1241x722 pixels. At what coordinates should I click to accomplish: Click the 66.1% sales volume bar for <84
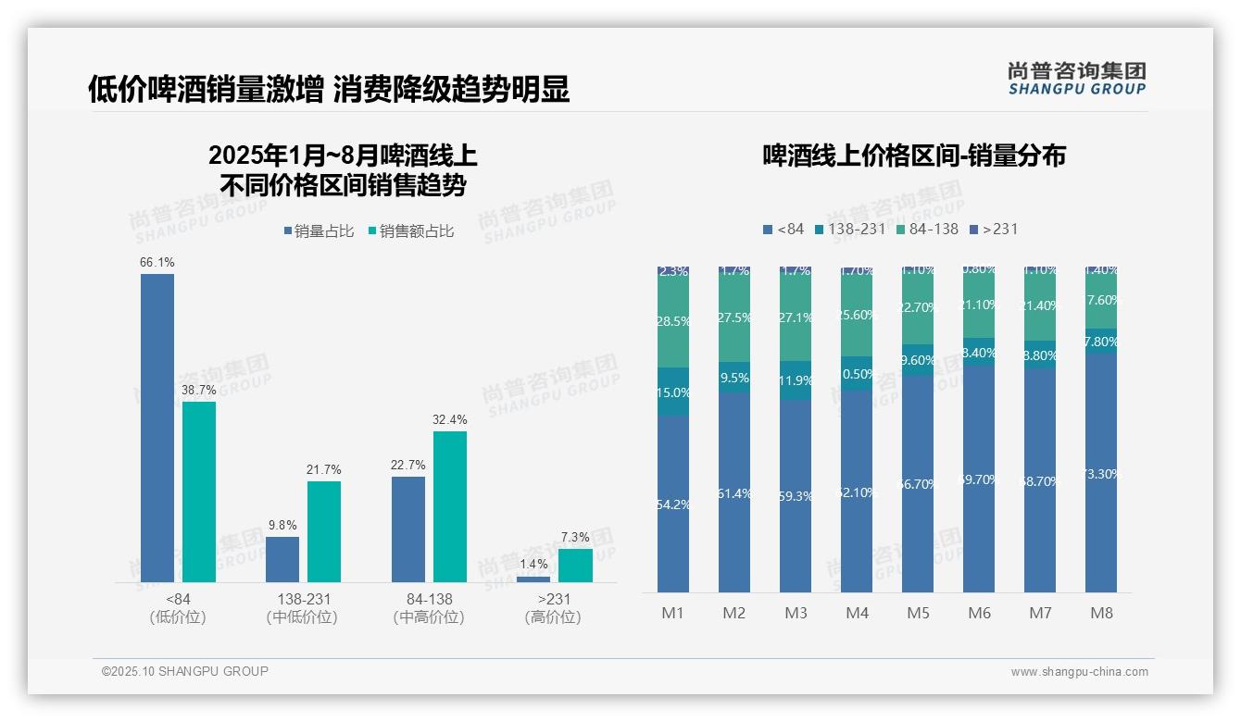[157, 428]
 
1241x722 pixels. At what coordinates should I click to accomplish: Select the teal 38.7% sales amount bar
[199, 492]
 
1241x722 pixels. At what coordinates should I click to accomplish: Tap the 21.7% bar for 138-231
[324, 531]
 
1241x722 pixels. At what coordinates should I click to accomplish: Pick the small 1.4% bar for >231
[533, 579]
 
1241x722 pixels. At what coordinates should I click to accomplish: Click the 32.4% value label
[450, 419]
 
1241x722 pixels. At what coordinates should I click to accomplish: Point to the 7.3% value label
[575, 537]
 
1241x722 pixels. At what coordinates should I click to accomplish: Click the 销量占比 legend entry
[319, 231]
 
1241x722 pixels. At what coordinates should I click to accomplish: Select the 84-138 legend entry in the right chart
[927, 229]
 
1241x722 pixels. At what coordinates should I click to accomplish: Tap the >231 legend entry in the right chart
[993, 229]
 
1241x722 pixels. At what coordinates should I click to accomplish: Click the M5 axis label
[918, 613]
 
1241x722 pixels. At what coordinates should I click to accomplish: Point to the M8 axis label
[1101, 613]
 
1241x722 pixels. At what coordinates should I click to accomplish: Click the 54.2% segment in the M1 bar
[673, 504]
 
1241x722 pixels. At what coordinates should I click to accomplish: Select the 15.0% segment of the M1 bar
[673, 392]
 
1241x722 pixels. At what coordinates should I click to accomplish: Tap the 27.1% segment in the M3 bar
[796, 317]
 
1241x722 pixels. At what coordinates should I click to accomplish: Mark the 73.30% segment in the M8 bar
[1101, 473]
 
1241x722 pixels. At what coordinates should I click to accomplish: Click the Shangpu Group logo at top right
[1076, 78]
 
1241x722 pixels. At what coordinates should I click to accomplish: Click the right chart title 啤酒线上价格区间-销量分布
[914, 156]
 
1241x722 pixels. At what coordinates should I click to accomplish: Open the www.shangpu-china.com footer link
[1079, 672]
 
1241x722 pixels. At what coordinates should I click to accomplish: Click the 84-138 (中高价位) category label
[429, 608]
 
